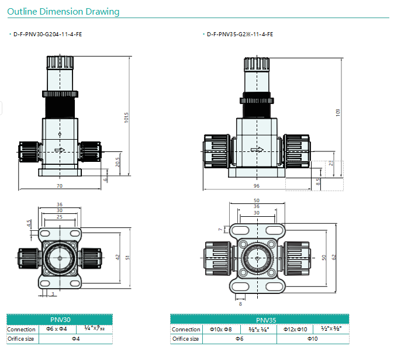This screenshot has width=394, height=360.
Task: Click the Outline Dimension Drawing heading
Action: pyautogui.click(x=63, y=12)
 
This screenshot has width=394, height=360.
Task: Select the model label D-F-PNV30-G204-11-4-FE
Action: pyautogui.click(x=48, y=34)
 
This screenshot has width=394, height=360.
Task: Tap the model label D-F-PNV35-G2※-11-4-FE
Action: pyautogui.click(x=240, y=34)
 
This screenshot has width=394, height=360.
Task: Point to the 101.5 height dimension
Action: pyautogui.click(x=126, y=117)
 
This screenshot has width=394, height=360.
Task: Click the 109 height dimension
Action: pyautogui.click(x=338, y=112)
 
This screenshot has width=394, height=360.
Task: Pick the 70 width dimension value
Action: pyautogui.click(x=60, y=186)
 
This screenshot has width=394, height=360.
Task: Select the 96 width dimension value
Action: pyautogui.click(x=256, y=186)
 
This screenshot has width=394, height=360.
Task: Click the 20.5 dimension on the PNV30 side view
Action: pyautogui.click(x=117, y=162)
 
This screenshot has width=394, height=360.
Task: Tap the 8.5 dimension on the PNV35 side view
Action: pyautogui.click(x=318, y=182)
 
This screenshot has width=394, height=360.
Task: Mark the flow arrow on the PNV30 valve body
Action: pyautogui.click(x=60, y=150)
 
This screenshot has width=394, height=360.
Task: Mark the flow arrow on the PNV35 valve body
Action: pyautogui.click(x=257, y=150)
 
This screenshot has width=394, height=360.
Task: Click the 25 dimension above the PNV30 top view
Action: pyautogui.click(x=60, y=217)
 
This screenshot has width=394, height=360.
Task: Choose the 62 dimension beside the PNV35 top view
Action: pyautogui.click(x=334, y=257)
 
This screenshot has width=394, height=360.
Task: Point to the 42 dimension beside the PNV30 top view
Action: pyautogui.click(x=118, y=257)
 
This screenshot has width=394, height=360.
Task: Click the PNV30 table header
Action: pyautogui.click(x=60, y=320)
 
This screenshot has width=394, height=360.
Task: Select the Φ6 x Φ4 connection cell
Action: pyautogui.click(x=57, y=329)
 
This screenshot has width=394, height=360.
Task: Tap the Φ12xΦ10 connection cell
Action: pyautogui.click(x=295, y=330)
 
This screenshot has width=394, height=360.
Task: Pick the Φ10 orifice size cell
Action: pyautogui.click(x=313, y=339)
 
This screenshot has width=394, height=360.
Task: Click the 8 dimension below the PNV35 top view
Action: pyautogui.click(x=240, y=304)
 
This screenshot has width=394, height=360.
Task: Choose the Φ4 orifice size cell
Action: pyautogui.click(x=76, y=338)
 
